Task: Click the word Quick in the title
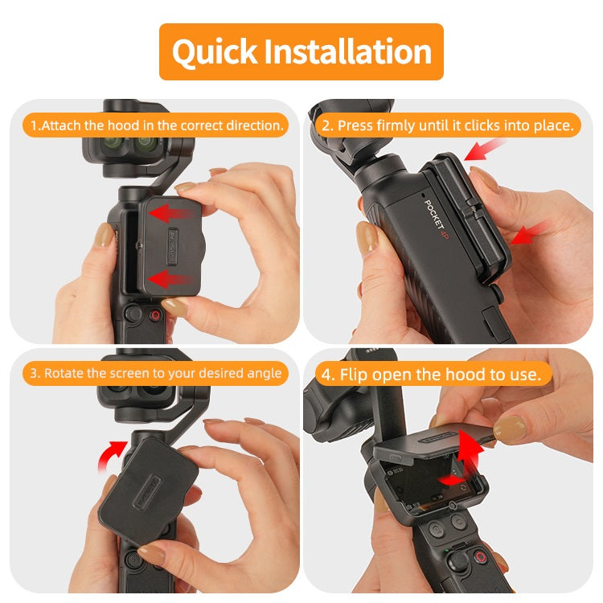215,52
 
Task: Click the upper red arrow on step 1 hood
170,213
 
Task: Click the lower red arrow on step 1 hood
169,278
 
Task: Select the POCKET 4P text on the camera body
435,219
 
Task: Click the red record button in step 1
155,316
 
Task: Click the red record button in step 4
480,556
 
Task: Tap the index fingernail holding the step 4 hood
509,428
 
